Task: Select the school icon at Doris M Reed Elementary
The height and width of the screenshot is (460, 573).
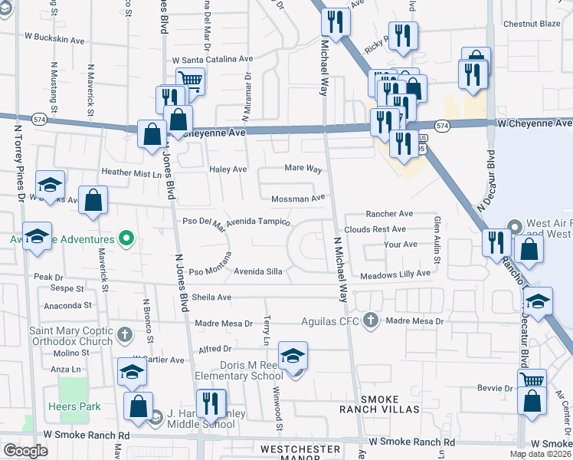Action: [293, 356]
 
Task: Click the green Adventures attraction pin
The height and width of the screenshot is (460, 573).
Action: [128, 239]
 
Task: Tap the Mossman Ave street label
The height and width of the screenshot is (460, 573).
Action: [298, 199]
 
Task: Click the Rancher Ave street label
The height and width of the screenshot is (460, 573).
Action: [389, 214]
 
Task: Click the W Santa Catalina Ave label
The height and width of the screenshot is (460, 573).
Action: [212, 59]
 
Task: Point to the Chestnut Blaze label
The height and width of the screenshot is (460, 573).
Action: [532, 24]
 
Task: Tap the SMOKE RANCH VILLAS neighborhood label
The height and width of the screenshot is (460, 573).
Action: [380, 404]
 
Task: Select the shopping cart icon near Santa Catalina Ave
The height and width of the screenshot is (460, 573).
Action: [190, 80]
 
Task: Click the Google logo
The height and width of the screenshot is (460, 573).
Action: [25, 451]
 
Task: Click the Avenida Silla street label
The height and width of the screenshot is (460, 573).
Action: [258, 271]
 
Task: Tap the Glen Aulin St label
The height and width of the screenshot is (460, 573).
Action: [437, 239]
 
